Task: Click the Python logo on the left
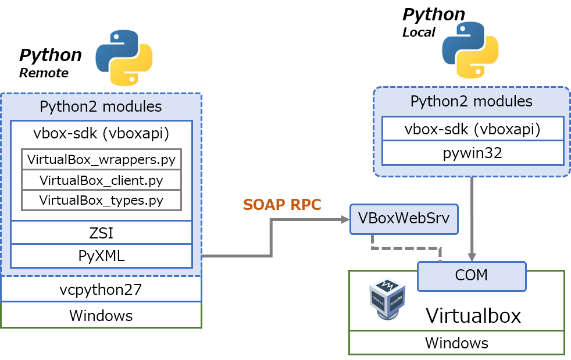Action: [124, 58]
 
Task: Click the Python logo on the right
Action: [470, 51]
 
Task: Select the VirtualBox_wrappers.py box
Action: [101, 159]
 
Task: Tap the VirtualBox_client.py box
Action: [101, 180]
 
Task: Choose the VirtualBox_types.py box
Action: [101, 200]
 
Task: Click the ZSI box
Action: [101, 233]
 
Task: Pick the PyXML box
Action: [101, 256]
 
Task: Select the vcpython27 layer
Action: [101, 289]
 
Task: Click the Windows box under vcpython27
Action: [101, 315]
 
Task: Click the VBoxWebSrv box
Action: [404, 219]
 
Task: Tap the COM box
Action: [471, 276]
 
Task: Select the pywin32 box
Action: [472, 153]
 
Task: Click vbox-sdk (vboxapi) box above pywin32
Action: [472, 129]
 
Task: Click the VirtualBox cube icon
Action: [388, 299]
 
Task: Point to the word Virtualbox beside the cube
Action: [473, 315]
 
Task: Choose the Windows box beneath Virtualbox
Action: [456, 342]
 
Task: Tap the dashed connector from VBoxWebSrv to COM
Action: [407, 248]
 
